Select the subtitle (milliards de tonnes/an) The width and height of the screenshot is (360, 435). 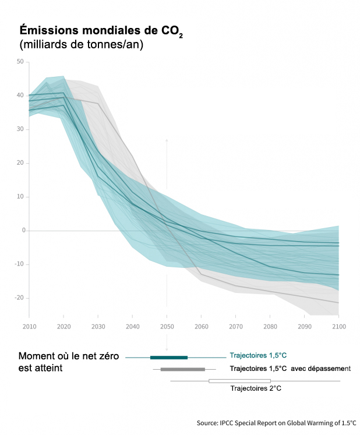81,45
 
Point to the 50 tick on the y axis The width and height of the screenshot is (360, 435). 20,62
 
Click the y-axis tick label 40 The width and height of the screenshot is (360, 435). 20,96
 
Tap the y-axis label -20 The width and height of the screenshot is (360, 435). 19,298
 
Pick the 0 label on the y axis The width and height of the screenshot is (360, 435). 22,231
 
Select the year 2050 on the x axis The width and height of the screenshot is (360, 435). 167,328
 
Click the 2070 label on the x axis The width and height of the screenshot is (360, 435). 235,328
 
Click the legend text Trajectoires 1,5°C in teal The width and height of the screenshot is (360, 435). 258,354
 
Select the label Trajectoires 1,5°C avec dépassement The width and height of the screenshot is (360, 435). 290,369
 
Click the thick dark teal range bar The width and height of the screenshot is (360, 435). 169,357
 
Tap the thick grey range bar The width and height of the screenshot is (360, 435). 182,369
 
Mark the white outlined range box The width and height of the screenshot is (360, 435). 239,381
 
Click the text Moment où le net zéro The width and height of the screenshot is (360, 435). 69,356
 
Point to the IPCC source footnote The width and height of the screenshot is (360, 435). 276,423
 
